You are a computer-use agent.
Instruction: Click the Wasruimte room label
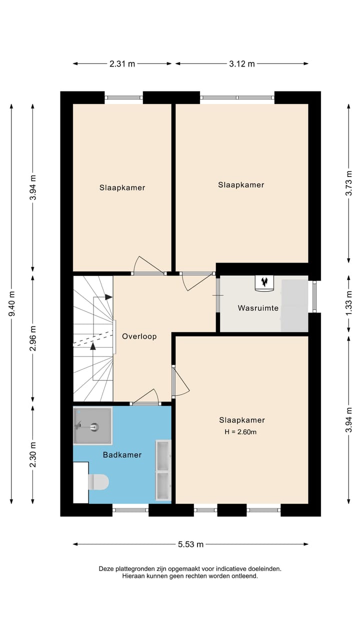(258, 308)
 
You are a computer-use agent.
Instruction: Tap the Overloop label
(139, 336)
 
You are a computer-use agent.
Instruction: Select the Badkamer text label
(122, 455)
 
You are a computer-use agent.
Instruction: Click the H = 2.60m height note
(241, 432)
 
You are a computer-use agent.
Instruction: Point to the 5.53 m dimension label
(190, 544)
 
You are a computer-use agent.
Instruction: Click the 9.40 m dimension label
(11, 304)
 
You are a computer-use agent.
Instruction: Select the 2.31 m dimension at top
(122, 63)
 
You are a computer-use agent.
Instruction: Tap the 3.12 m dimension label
(242, 63)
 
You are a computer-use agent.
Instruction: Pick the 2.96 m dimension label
(33, 338)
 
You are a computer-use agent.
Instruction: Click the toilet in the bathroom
(98, 482)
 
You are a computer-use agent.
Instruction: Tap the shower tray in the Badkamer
(92, 426)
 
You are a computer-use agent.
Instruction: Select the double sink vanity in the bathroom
(164, 470)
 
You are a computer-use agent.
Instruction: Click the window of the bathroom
(130, 510)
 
